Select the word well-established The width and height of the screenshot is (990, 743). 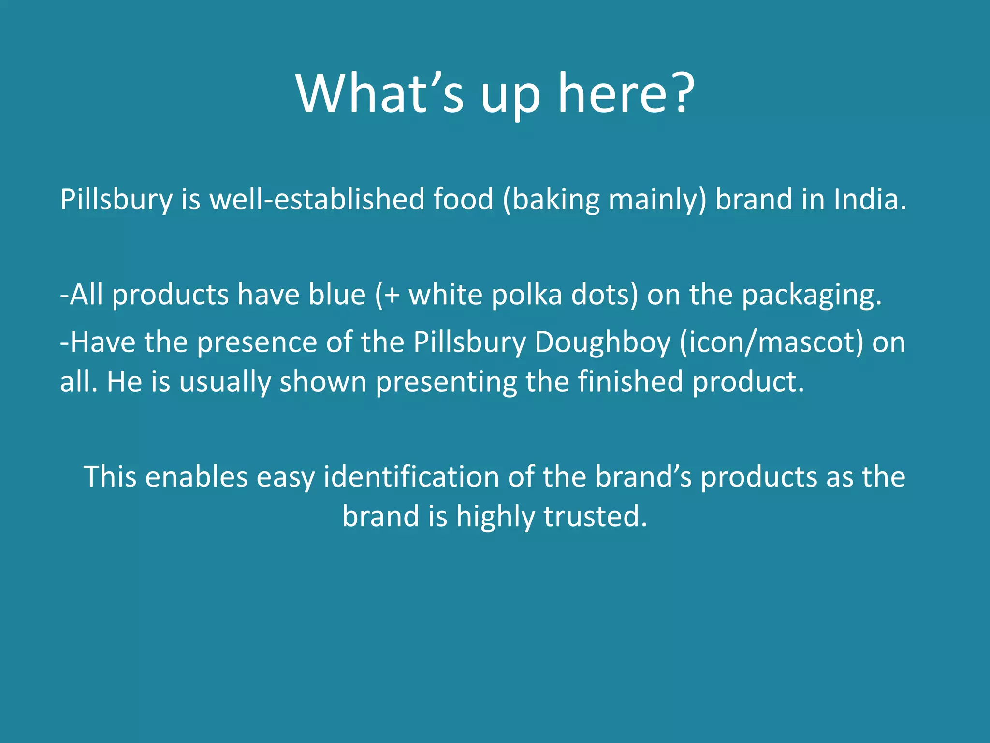(316, 199)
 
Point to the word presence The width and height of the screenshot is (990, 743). (257, 342)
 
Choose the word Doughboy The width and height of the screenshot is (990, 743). (602, 342)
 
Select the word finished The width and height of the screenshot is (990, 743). (630, 381)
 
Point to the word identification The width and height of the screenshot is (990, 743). (411, 477)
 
